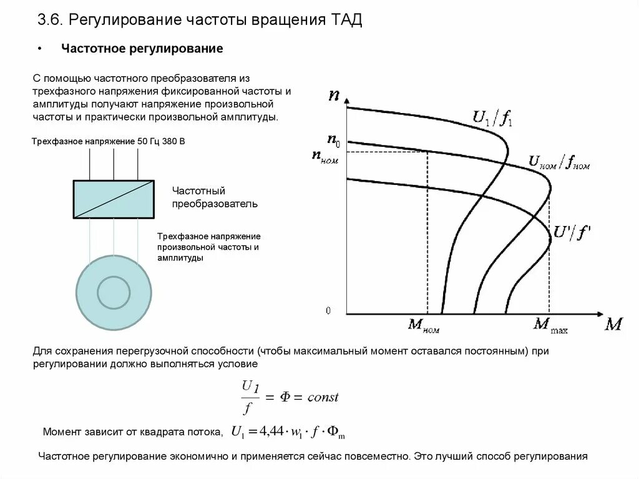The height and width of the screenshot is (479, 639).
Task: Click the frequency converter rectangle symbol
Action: (x=114, y=199)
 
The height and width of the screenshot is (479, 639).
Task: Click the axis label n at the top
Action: (x=334, y=95)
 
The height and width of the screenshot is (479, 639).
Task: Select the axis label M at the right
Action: (x=613, y=325)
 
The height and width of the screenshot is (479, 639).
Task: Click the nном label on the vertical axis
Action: (x=326, y=157)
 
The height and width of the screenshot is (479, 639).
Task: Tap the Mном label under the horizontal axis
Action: (x=423, y=325)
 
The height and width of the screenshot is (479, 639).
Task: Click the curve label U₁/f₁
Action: (x=493, y=117)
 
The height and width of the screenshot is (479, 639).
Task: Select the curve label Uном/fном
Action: (x=559, y=162)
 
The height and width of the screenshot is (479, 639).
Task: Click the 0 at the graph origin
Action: (x=328, y=310)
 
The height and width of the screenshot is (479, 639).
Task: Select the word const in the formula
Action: (x=323, y=397)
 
